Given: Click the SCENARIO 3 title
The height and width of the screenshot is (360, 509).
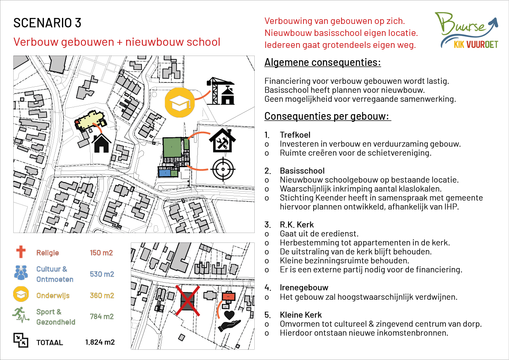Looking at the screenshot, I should (47, 23).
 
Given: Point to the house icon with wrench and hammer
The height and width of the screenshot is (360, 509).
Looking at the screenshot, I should (222, 140).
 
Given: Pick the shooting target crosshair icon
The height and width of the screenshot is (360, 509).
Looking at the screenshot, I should (222, 169).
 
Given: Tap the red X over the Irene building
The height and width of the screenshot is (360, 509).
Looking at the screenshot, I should (188, 301).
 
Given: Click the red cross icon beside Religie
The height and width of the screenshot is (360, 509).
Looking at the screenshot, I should (20, 253).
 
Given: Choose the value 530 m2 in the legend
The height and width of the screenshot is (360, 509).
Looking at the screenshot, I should (102, 274).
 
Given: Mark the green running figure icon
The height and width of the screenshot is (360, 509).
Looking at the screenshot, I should (20, 316).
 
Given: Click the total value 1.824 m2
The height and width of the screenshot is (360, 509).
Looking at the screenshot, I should (100, 342).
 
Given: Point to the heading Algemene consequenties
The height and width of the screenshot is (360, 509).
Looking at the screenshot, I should (323, 63).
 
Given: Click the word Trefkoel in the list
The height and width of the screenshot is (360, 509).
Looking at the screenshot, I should (295, 135).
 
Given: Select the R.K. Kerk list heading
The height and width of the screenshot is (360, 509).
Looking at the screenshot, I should (297, 224).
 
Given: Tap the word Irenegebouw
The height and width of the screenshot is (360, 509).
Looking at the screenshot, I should (304, 288).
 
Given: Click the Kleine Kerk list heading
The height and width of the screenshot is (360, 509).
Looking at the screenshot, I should (300, 315).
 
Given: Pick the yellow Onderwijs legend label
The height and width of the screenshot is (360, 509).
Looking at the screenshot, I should (53, 295).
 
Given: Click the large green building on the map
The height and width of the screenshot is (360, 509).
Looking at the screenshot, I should (172, 147).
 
